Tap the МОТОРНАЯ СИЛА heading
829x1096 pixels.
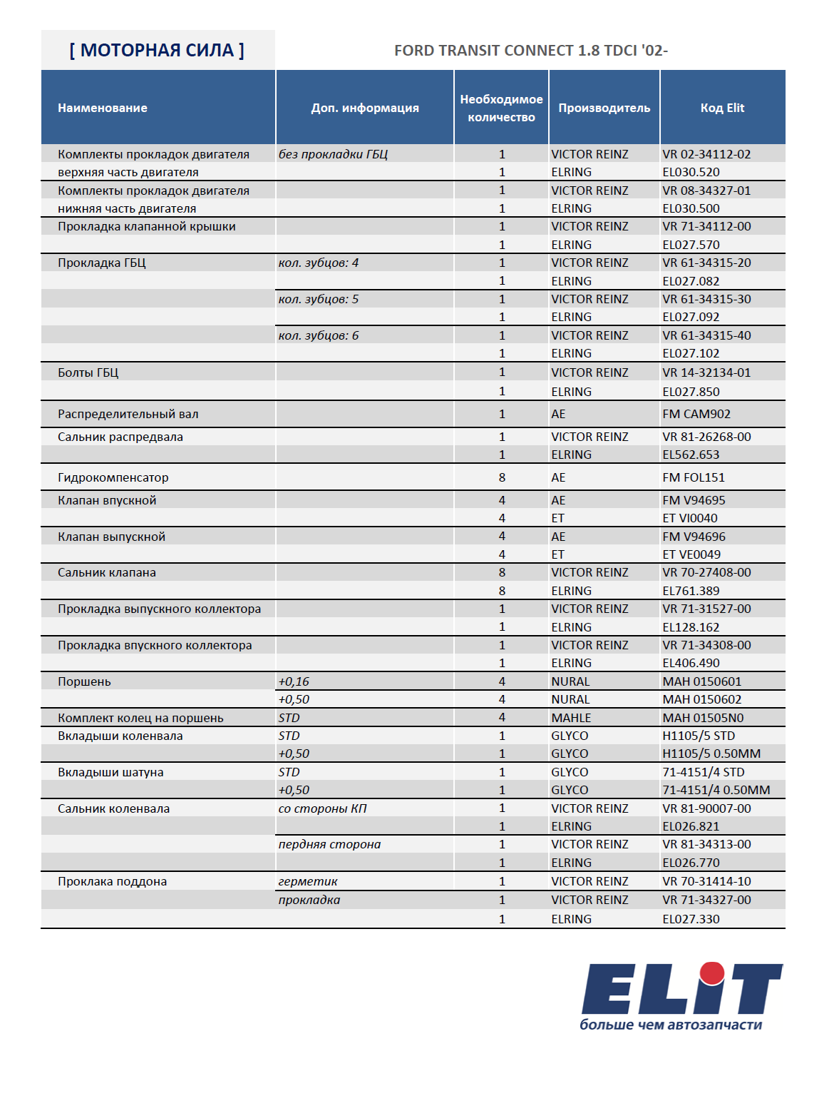(157, 51)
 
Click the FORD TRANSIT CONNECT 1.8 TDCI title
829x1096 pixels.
(530, 51)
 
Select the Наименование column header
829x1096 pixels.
(103, 108)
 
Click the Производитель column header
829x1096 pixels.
(604, 108)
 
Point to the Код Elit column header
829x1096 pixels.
(722, 108)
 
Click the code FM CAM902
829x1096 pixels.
(696, 414)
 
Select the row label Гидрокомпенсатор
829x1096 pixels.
(113, 477)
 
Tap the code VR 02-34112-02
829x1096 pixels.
(706, 154)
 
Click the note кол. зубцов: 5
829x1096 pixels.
(319, 299)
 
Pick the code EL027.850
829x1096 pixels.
(691, 392)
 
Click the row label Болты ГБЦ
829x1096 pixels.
(88, 372)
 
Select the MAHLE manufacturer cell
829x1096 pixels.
(571, 718)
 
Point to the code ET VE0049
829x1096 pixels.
(691, 554)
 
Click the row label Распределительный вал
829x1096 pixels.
(128, 414)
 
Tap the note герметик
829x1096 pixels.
(308, 881)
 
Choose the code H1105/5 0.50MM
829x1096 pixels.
(711, 753)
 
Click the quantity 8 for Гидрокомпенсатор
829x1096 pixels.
(502, 477)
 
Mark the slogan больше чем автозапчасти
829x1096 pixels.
(671, 1025)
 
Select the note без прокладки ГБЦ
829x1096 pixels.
(333, 154)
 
